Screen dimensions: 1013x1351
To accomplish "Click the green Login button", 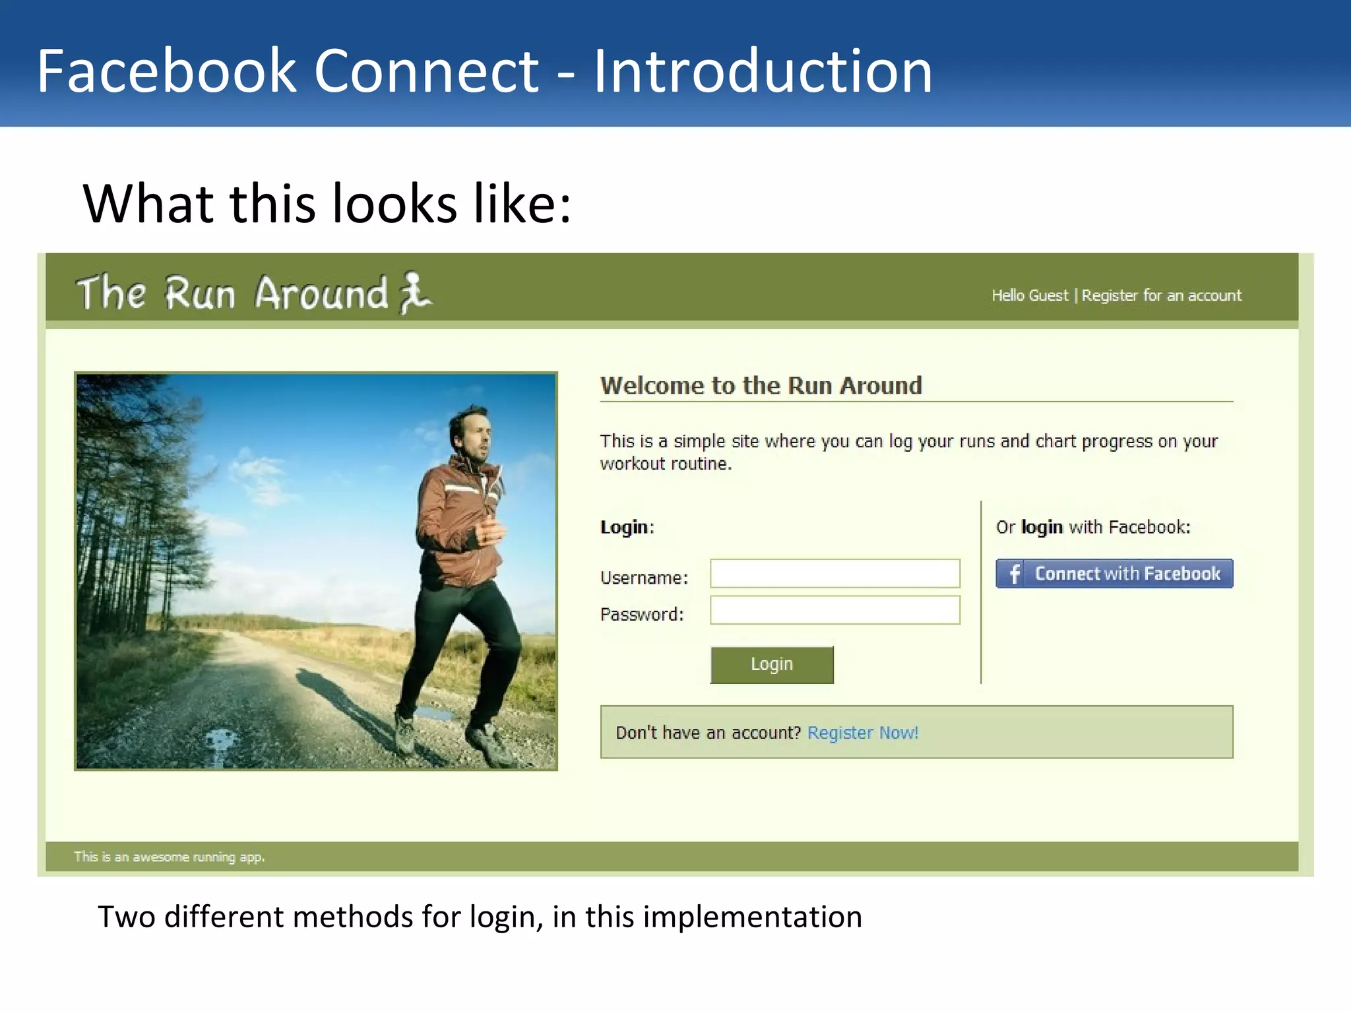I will click(772, 664).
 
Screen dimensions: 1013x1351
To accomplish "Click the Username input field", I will click(834, 573).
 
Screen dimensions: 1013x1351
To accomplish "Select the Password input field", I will click(834, 610).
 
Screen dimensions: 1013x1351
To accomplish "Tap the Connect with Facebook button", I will click(1114, 573).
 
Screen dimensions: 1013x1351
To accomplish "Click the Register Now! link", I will click(862, 733).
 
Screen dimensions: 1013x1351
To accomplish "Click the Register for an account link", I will click(1161, 295).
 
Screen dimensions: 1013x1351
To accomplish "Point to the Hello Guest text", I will click(1029, 295).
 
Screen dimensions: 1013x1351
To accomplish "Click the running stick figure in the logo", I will click(414, 293).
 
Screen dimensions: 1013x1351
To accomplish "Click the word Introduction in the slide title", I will click(763, 71).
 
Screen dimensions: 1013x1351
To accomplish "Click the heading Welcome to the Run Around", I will click(761, 385).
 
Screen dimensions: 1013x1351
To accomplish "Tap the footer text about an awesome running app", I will click(169, 857).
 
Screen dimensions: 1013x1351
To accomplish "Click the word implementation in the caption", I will click(752, 917).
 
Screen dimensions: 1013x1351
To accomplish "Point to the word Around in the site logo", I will click(321, 293).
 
